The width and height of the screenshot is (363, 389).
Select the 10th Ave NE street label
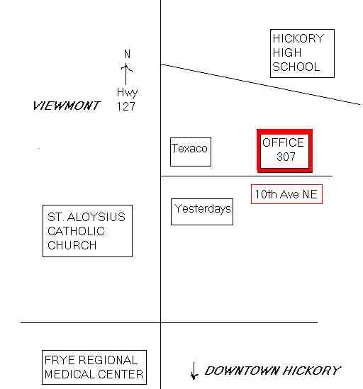(x=286, y=194)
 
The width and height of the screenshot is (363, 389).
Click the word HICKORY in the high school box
(x=298, y=39)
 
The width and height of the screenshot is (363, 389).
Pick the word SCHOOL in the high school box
(x=296, y=67)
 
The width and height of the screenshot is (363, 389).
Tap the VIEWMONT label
(x=67, y=106)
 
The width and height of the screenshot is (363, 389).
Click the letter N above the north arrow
(x=127, y=54)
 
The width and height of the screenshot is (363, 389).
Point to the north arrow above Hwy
(x=126, y=74)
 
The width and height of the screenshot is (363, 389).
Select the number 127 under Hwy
(x=126, y=106)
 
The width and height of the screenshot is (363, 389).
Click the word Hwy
(x=127, y=93)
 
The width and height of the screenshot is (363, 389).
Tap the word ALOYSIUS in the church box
(x=96, y=217)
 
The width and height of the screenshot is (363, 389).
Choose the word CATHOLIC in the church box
(x=76, y=231)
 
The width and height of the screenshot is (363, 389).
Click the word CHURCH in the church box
(x=72, y=245)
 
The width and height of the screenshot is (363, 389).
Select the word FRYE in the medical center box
(x=60, y=360)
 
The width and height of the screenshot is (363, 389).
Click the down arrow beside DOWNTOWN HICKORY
(x=194, y=371)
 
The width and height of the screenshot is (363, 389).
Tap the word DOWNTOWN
(x=242, y=371)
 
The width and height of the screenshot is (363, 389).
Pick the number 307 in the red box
(x=286, y=157)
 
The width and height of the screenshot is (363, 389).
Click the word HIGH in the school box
(x=286, y=52)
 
